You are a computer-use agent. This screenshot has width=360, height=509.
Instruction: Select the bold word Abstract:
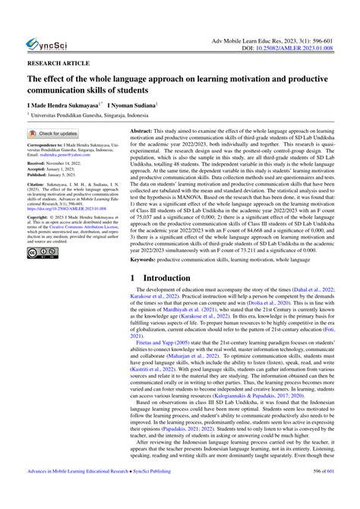(x=144, y=131)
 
